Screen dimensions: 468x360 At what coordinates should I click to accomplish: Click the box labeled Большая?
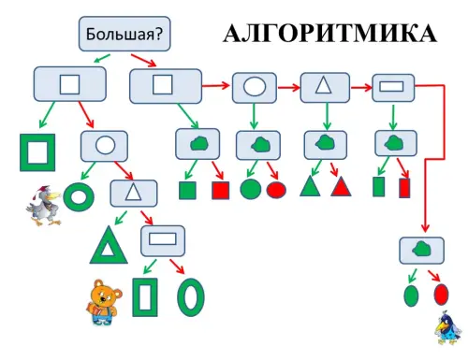tap(124, 34)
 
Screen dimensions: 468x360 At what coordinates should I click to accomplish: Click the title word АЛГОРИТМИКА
tap(330, 33)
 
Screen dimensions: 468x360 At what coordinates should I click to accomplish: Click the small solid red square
tap(221, 190)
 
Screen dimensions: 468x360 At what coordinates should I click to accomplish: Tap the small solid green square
tap(187, 190)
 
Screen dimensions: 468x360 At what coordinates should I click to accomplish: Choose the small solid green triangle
tap(310, 188)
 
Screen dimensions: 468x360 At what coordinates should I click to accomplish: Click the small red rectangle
tap(404, 188)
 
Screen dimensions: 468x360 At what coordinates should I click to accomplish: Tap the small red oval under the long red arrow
tap(441, 295)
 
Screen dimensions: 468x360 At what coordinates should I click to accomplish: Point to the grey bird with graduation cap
tap(44, 206)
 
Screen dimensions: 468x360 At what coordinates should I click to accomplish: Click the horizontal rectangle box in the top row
tap(393, 88)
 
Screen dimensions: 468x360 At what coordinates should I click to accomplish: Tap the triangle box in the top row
tap(325, 87)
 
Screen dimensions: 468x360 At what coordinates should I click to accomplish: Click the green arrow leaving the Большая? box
tap(102, 58)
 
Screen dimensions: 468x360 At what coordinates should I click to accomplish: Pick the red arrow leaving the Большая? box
tap(143, 60)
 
